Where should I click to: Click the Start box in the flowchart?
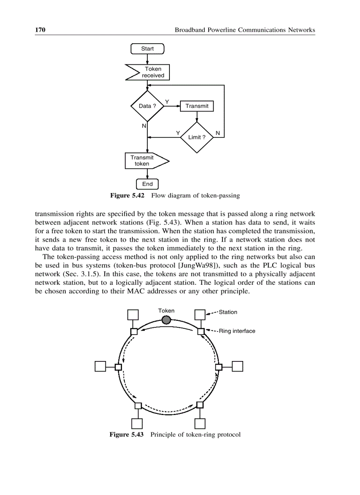click(x=147, y=48)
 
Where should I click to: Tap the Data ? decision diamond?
click(x=147, y=106)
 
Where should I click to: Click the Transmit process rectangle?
click(x=197, y=106)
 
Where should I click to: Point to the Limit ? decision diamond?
click(x=197, y=137)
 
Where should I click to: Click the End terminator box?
click(x=147, y=184)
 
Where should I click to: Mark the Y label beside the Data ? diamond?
click(x=167, y=102)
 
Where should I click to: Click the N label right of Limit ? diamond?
click(x=217, y=133)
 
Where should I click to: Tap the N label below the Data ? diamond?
click(x=144, y=126)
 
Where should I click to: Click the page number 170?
click(x=40, y=30)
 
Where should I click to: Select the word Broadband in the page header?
click(x=190, y=30)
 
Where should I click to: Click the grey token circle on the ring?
click(x=166, y=320)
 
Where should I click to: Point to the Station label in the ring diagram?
click(x=228, y=312)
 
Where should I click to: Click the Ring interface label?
click(x=237, y=331)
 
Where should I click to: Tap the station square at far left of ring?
click(x=100, y=366)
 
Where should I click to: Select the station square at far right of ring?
click(x=237, y=366)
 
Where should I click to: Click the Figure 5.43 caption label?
click(x=127, y=435)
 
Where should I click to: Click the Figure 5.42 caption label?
click(x=127, y=195)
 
